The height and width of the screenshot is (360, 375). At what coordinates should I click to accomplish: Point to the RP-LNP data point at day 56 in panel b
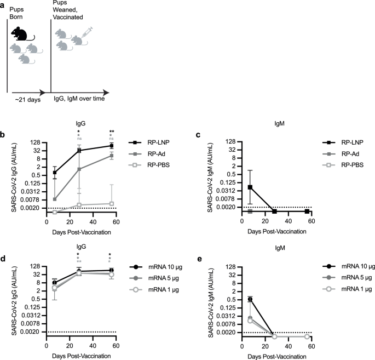112,146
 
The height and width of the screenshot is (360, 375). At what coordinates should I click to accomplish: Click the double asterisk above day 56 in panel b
112,132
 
